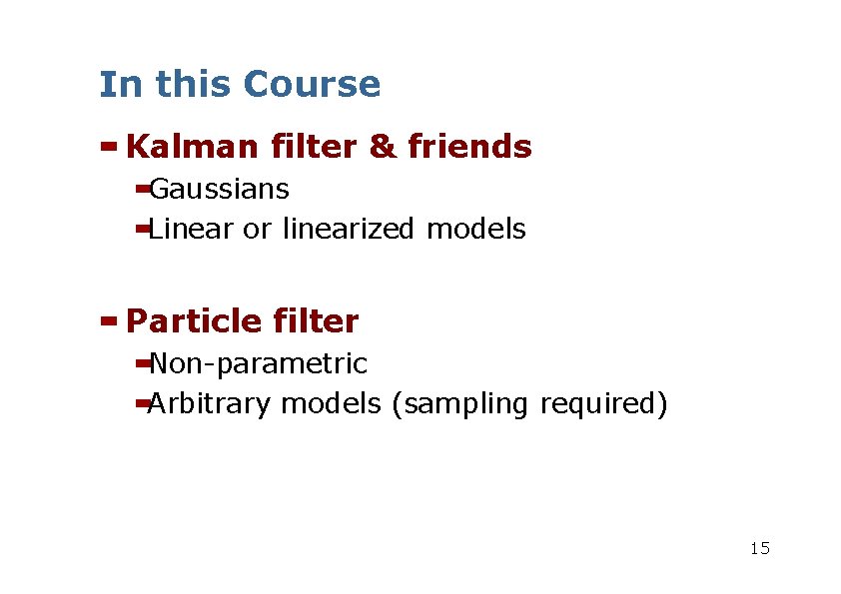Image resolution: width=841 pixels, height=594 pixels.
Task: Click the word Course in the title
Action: pyautogui.click(x=311, y=85)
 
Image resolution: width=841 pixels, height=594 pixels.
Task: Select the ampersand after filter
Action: pyautogui.click(x=382, y=148)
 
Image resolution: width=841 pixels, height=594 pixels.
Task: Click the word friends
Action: pyautogui.click(x=469, y=148)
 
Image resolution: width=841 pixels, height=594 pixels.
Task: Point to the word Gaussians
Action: pyautogui.click(x=219, y=190)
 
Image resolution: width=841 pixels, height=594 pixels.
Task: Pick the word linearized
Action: pyautogui.click(x=350, y=230)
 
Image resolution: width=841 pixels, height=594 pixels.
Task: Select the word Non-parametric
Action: pyautogui.click(x=258, y=364)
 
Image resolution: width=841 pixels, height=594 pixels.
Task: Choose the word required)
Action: pyautogui.click(x=603, y=405)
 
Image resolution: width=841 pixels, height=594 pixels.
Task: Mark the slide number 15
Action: pyautogui.click(x=759, y=548)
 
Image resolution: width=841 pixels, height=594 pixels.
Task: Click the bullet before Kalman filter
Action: pyautogui.click(x=109, y=147)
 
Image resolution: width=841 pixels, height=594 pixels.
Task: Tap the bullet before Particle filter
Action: pyautogui.click(x=109, y=321)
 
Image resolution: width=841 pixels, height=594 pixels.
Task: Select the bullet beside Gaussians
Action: pyautogui.click(x=142, y=188)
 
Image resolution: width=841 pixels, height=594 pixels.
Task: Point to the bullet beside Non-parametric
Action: pyautogui.click(x=142, y=362)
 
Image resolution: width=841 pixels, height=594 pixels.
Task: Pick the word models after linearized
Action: pyautogui.click(x=475, y=230)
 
